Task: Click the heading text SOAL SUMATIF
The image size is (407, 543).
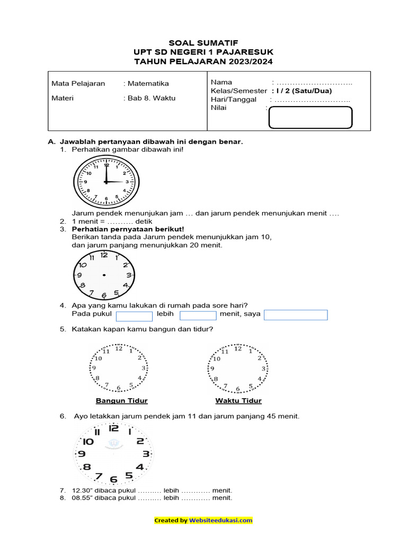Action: coord(203,42)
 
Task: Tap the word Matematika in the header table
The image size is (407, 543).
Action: coord(147,83)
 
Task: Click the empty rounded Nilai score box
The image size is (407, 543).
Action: coord(311,118)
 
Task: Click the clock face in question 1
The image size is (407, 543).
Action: coord(106,182)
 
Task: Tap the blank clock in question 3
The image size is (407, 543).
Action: coord(104,275)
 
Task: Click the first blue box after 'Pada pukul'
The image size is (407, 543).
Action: coord(134,316)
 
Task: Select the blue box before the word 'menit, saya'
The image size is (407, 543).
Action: coord(198,316)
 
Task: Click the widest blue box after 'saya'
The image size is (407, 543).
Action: coord(296,315)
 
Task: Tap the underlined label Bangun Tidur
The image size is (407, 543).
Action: coord(121,400)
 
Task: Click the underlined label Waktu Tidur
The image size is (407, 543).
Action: coord(238,400)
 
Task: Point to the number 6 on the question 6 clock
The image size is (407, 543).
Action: coord(113,479)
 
